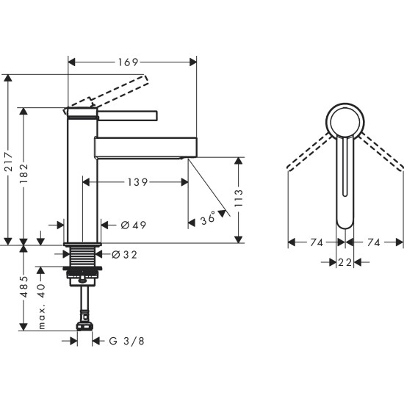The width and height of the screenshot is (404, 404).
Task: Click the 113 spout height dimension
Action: pos(239,197)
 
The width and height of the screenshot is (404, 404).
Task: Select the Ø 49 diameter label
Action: pos(134,225)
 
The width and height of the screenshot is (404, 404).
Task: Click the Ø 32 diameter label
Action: pos(125,255)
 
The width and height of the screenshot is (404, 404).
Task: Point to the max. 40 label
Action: pos(42,305)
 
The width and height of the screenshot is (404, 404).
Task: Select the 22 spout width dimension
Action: pos(345,262)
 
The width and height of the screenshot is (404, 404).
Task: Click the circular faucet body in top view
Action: pos(345,120)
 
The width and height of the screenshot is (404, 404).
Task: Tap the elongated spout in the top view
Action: pos(345,184)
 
